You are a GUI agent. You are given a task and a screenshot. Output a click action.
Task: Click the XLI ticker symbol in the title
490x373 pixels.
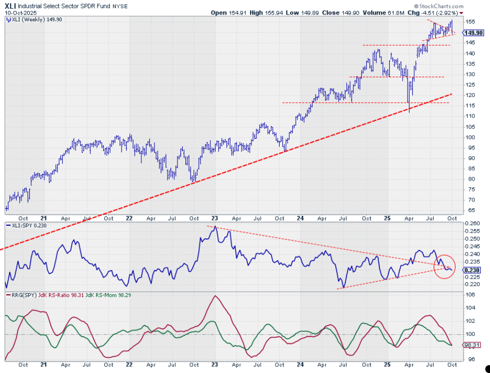pos(10,6)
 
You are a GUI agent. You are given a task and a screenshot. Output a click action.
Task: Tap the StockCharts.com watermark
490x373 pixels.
pos(439,6)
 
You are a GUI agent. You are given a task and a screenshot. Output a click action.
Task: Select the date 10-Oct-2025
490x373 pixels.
pos(21,13)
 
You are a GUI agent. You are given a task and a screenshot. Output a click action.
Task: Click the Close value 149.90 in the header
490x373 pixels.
pos(353,13)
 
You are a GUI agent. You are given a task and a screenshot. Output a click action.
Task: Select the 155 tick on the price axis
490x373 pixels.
pos(469,22)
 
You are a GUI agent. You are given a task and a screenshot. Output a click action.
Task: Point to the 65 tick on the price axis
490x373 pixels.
pos(468,210)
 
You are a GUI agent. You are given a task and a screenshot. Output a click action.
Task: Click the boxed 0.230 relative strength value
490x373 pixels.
pos(473,270)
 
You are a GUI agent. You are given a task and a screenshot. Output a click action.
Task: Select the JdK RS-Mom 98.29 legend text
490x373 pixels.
pos(108,295)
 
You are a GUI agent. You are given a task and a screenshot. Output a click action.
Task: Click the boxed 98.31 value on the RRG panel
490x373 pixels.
pos(472,345)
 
